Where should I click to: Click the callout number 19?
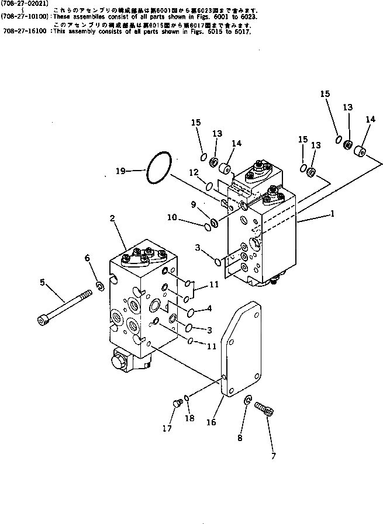(120, 171)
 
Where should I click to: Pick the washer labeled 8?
(248, 401)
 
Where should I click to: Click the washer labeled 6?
(99, 286)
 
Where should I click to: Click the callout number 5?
(42, 283)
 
